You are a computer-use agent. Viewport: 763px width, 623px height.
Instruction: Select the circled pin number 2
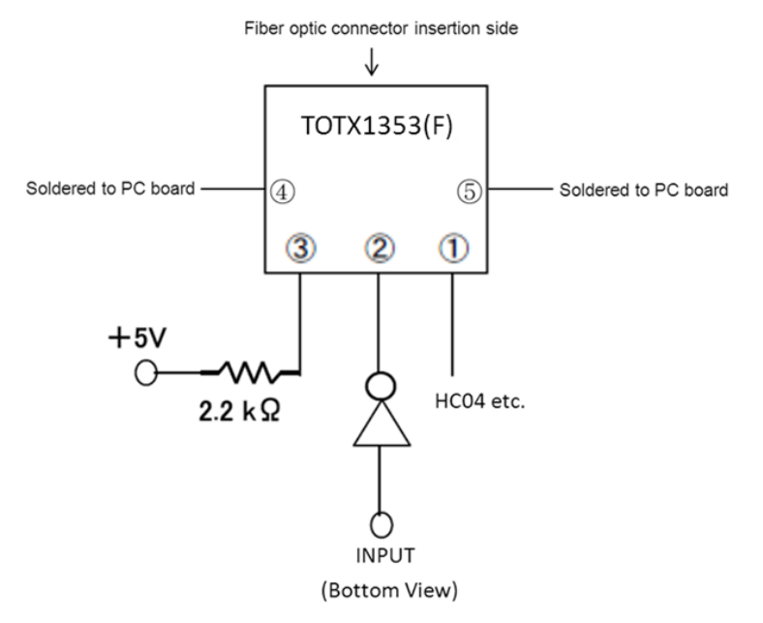point(379,248)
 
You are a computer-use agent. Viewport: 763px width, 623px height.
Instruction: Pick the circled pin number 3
point(301,248)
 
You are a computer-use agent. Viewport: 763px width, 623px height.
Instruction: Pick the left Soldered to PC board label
point(109,190)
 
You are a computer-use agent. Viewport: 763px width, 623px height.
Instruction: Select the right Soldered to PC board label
point(643,190)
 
